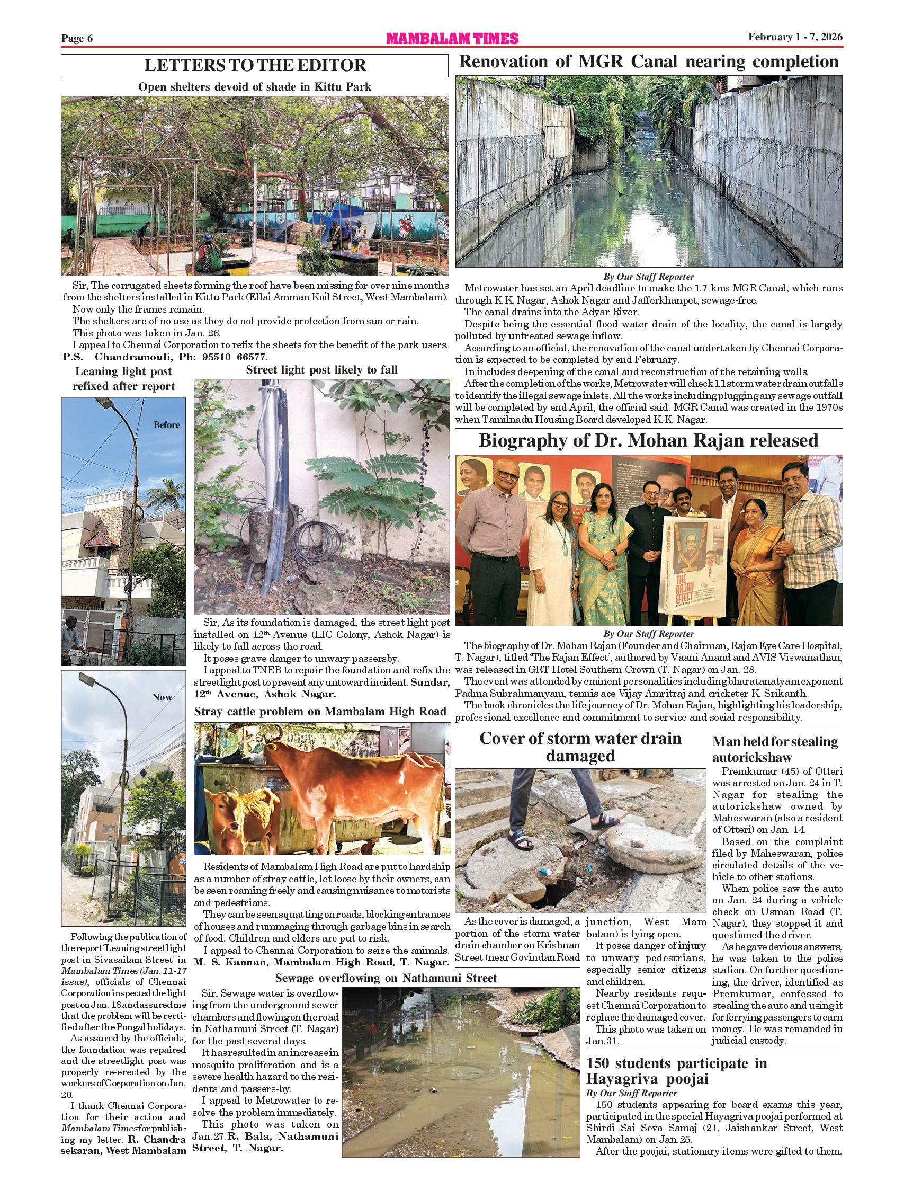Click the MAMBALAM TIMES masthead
[452, 38]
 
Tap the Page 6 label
[77, 38]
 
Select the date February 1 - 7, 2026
[795, 37]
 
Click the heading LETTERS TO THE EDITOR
[255, 66]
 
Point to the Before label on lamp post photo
[167, 425]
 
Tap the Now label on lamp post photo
[162, 697]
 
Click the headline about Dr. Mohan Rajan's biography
[648, 441]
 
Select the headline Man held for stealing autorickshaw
[775, 749]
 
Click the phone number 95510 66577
[235, 357]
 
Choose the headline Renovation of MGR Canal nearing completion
[648, 62]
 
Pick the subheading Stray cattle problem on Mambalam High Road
[321, 712]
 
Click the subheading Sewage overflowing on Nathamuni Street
[386, 978]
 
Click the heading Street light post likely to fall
[322, 370]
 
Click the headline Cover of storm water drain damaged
[580, 747]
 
